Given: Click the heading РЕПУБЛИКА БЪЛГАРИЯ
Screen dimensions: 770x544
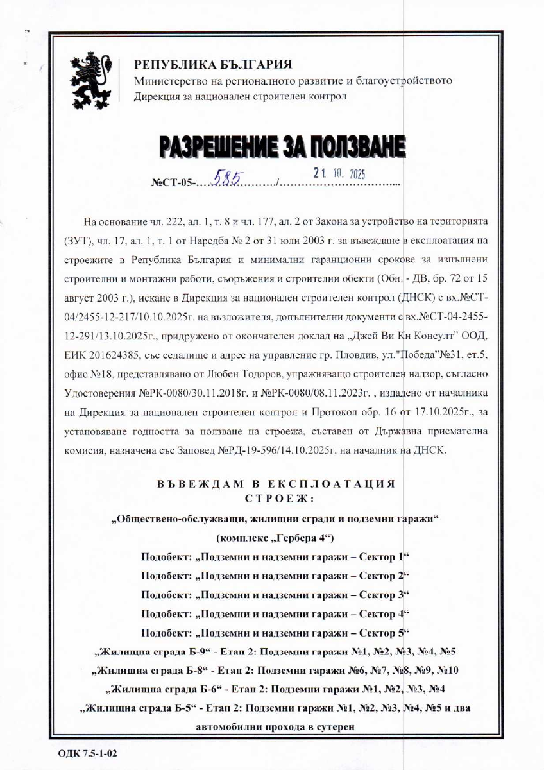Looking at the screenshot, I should [213, 65].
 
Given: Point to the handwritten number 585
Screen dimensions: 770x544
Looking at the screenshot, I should [225, 181].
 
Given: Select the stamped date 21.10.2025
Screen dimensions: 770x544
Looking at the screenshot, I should [339, 173].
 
